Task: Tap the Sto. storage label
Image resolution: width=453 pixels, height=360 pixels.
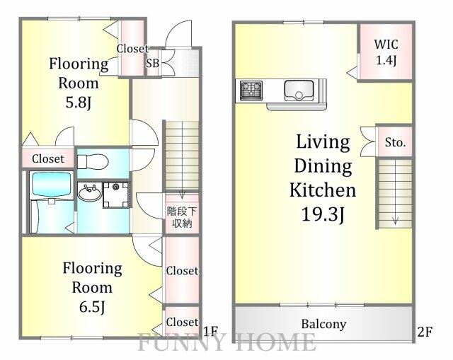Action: point(395,142)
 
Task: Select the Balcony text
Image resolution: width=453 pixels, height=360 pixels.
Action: point(323,325)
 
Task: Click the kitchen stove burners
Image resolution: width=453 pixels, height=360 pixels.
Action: point(251,91)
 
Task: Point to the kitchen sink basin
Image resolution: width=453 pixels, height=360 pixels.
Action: point(299,90)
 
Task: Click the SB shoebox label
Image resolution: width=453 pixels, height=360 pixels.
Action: point(152,62)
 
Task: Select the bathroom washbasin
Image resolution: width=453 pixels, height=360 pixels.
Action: point(88,192)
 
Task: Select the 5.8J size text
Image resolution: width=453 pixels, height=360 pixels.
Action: point(79,101)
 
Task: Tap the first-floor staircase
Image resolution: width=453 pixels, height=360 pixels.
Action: point(182,155)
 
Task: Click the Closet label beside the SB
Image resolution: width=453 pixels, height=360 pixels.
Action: point(132,49)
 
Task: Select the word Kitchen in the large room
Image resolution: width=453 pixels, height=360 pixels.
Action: point(322,190)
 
